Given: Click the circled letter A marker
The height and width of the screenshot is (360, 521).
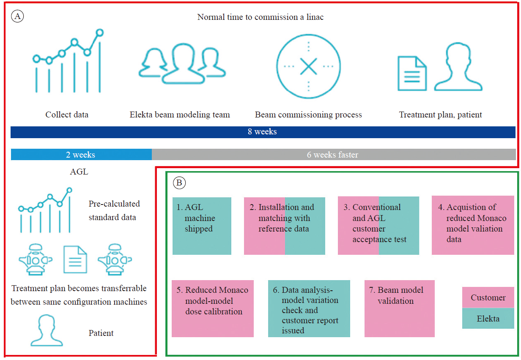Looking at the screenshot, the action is pyautogui.click(x=17, y=16).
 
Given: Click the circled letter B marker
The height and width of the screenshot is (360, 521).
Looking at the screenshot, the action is pyautogui.click(x=179, y=183).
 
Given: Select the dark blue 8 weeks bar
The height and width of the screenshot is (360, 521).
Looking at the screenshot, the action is pyautogui.click(x=263, y=132).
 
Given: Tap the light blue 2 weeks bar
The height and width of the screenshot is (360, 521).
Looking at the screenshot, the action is pyautogui.click(x=81, y=155).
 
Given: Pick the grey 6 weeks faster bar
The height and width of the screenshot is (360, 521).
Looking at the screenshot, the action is pyautogui.click(x=334, y=155).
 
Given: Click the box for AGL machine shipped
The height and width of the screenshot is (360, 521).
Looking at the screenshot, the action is pyautogui.click(x=202, y=226).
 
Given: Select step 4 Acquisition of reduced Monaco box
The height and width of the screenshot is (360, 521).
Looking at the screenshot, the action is pyautogui.click(x=473, y=225).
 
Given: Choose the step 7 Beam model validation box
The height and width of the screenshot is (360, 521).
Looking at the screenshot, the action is pyautogui.click(x=399, y=308).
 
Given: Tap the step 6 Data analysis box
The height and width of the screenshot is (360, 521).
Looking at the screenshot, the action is pyautogui.click(x=309, y=308).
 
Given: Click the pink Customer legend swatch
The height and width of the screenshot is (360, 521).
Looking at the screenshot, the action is pyautogui.click(x=488, y=297).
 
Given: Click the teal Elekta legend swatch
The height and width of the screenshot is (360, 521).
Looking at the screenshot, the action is pyautogui.click(x=488, y=318).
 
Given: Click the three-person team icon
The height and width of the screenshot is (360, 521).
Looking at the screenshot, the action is pyautogui.click(x=182, y=63).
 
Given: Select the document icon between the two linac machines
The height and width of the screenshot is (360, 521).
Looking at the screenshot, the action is pyautogui.click(x=75, y=259).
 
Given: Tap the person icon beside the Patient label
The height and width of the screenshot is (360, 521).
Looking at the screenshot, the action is pyautogui.click(x=47, y=330).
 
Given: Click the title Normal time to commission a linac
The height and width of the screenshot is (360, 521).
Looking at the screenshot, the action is pyautogui.click(x=260, y=17).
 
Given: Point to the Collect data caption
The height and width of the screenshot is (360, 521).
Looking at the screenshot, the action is pyautogui.click(x=67, y=115).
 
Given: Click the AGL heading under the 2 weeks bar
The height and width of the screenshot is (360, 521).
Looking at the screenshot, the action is pyautogui.click(x=79, y=172).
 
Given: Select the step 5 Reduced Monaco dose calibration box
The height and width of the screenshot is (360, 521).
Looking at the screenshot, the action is pyautogui.click(x=213, y=308).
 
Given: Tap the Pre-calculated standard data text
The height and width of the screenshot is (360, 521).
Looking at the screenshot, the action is pyautogui.click(x=114, y=210).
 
